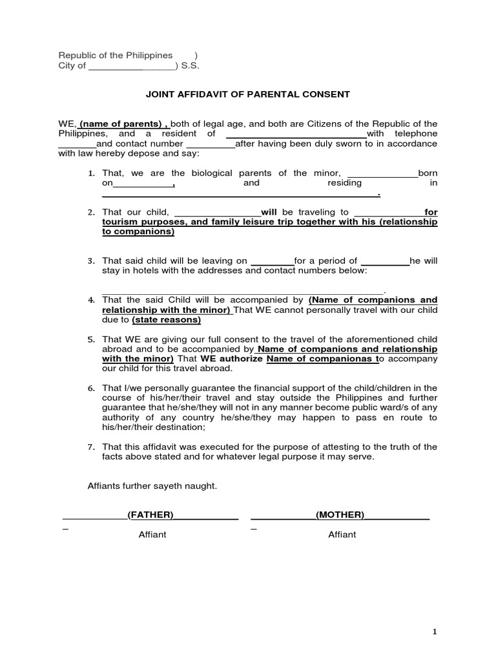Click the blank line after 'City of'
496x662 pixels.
pos(132,66)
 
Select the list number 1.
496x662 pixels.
pos(91,173)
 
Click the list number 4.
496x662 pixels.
pos(91,301)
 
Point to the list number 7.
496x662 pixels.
pos(91,447)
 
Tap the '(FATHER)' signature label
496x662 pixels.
pos(150,515)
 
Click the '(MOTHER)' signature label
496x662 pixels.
pos(340,515)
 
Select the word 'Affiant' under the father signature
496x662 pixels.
pos(152,535)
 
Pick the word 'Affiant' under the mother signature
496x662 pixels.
pos(342,535)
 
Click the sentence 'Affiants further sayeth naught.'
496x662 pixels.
pos(152,486)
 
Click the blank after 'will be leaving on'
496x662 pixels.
pos(272,261)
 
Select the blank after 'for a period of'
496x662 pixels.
pos(385,261)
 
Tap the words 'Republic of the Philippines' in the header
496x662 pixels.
pos(116,55)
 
